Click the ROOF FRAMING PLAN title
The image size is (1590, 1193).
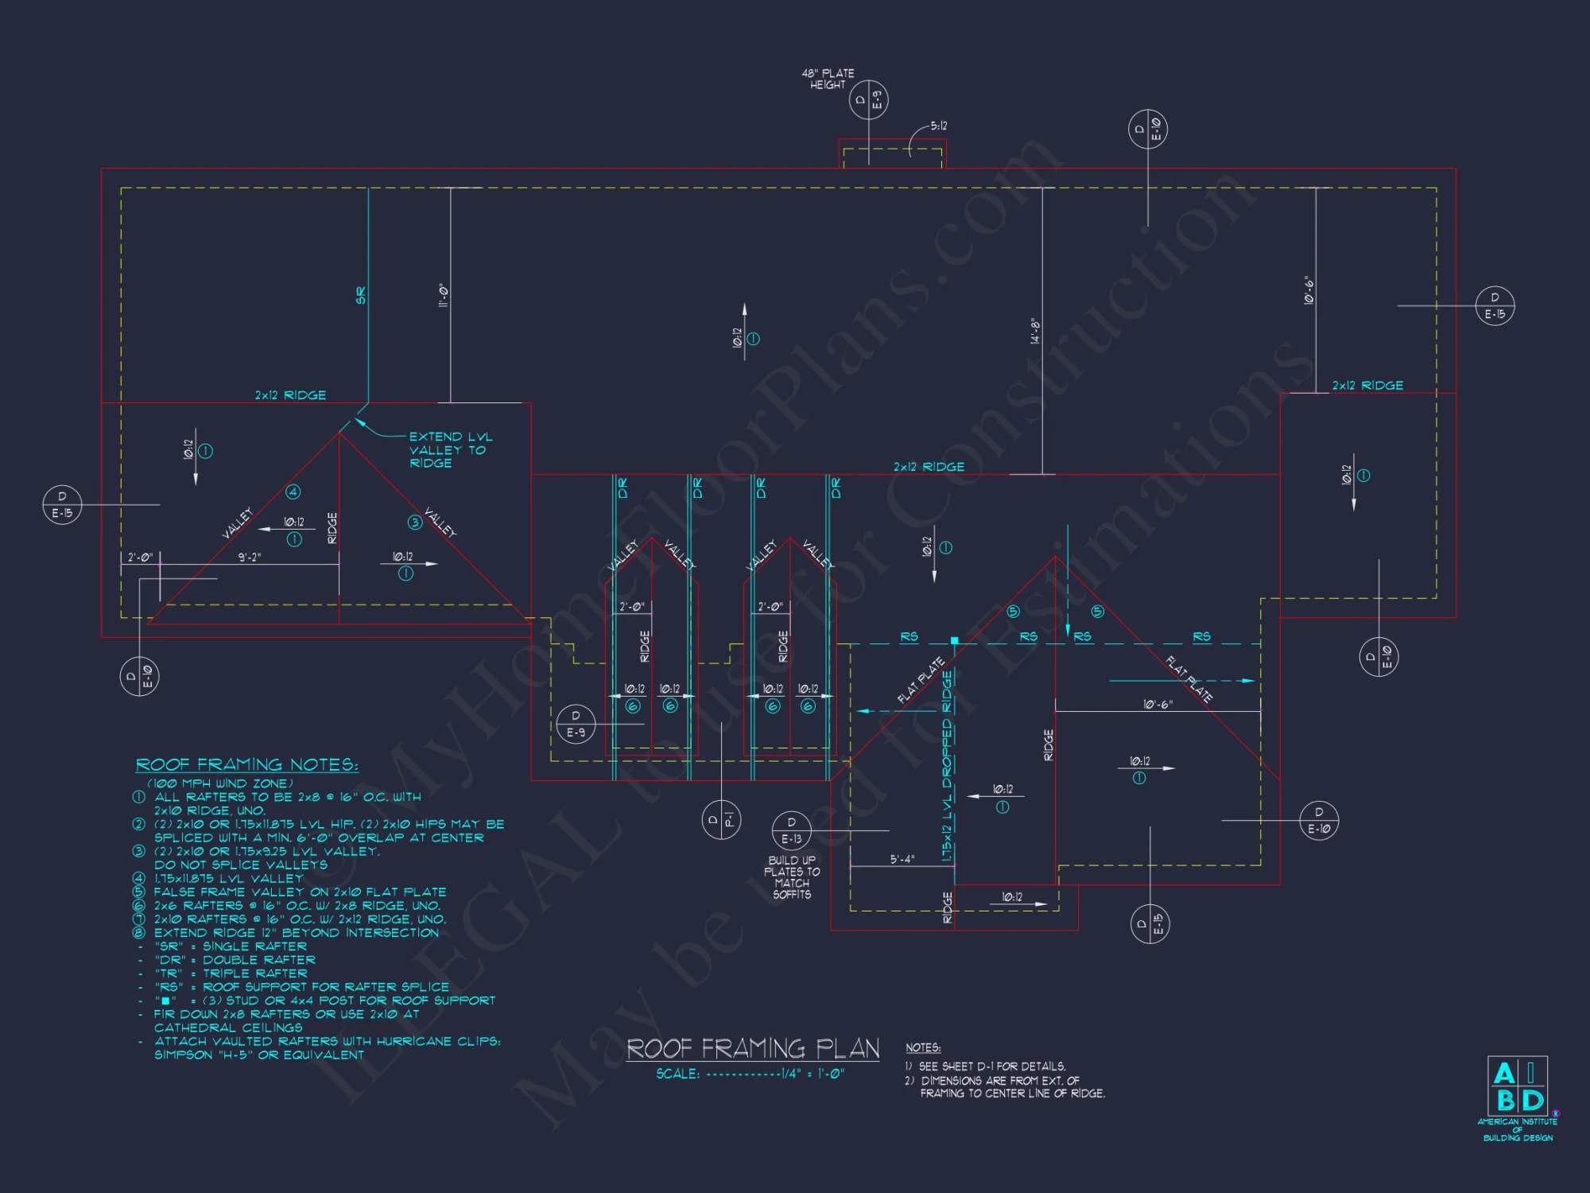point(753,1048)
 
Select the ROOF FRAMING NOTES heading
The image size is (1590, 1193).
point(246,765)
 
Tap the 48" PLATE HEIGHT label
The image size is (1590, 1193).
point(828,79)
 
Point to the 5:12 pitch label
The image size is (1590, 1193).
point(939,126)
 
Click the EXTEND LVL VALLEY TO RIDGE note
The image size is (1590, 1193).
point(450,449)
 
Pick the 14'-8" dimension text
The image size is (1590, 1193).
point(1035,331)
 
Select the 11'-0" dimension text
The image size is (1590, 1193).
point(444,296)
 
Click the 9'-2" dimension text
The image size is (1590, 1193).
point(249,558)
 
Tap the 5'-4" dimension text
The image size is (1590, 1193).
point(902,859)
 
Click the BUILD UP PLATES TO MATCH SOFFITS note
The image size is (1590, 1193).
point(792,877)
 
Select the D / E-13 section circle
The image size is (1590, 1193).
point(791,830)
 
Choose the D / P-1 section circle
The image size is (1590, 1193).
point(721,819)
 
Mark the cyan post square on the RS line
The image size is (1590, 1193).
point(954,640)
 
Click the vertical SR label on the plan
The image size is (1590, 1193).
point(361,295)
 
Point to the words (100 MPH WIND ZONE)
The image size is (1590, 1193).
point(220,783)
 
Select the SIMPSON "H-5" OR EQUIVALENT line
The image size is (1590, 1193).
point(258,1055)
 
